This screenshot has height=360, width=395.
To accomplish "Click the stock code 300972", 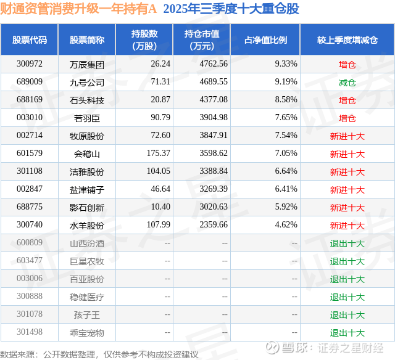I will point(30,64).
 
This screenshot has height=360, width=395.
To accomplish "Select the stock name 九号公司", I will point(87,82).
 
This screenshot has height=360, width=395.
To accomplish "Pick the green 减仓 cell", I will point(347,82).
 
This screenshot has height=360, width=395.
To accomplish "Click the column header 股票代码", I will point(30,40).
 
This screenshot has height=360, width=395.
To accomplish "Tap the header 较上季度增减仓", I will point(347,40).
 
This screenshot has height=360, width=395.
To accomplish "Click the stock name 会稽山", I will point(87,153).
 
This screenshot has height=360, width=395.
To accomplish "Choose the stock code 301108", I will point(30,171).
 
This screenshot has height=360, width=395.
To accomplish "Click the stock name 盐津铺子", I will point(87,189).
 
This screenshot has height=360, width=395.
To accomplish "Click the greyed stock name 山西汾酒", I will point(87,243).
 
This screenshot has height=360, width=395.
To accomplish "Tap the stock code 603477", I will point(30,261).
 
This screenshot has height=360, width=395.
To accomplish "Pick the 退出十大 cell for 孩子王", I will point(347,314).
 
